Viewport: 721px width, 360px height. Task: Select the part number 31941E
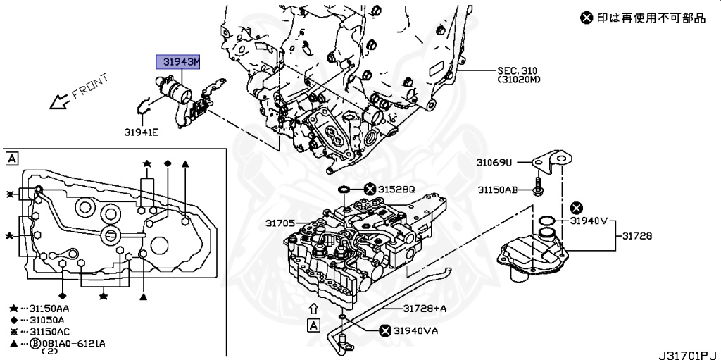(x=142, y=130)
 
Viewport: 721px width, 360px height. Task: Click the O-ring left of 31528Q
(x=344, y=190)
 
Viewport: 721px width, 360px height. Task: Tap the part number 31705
(x=280, y=223)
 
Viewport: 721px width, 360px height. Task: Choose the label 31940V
(x=588, y=221)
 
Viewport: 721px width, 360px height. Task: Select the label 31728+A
(x=425, y=309)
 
